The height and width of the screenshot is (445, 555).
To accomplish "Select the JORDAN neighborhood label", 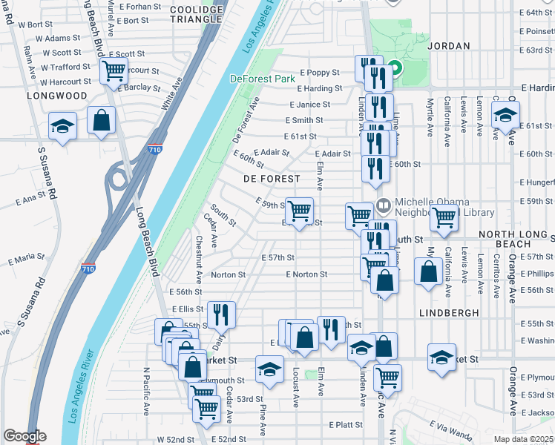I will click(x=448, y=46).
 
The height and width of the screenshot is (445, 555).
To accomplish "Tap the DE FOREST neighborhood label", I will click(x=272, y=179).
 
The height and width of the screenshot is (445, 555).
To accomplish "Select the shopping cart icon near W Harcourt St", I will click(x=114, y=71).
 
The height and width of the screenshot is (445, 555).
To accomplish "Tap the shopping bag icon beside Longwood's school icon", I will click(x=101, y=120).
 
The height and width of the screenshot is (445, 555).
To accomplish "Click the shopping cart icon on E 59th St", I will click(x=299, y=211).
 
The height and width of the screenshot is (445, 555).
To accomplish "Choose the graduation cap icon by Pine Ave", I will click(x=269, y=369).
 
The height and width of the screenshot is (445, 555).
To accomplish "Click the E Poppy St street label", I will click(x=319, y=73).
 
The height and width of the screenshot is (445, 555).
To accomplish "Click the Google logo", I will click(x=24, y=436).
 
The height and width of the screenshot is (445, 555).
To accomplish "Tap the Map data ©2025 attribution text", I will click(x=523, y=439).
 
